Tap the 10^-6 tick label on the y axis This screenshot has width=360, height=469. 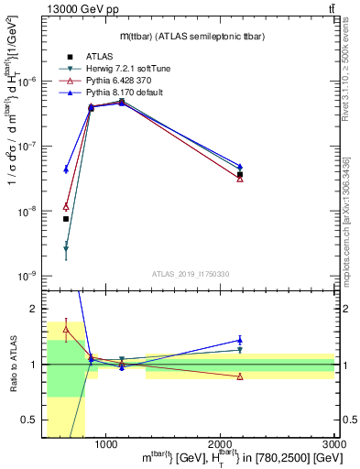click(x=27, y=82)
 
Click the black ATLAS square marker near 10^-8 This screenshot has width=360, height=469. click(x=66, y=219)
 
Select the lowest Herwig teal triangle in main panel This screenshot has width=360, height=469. click(x=66, y=248)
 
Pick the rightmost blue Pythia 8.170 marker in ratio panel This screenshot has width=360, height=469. click(x=240, y=340)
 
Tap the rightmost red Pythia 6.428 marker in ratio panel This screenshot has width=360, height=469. click(x=240, y=376)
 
